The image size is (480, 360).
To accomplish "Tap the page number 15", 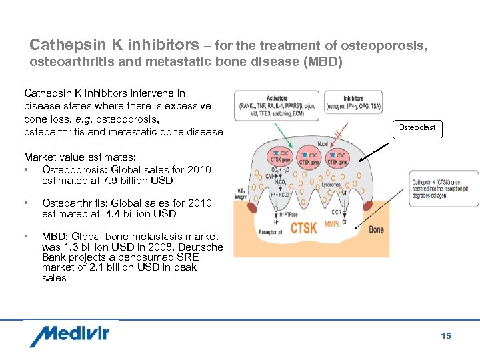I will point(446,336).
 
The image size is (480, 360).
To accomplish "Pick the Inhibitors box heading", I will point(353,99).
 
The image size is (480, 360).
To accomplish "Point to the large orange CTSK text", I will point(303,228).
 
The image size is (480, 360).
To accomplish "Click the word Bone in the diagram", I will point(377,229).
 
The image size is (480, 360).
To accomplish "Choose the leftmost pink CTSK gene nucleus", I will point(279,157).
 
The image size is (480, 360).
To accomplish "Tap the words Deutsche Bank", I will point(193,247).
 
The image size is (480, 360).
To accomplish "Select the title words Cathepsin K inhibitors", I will point(114,45).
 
